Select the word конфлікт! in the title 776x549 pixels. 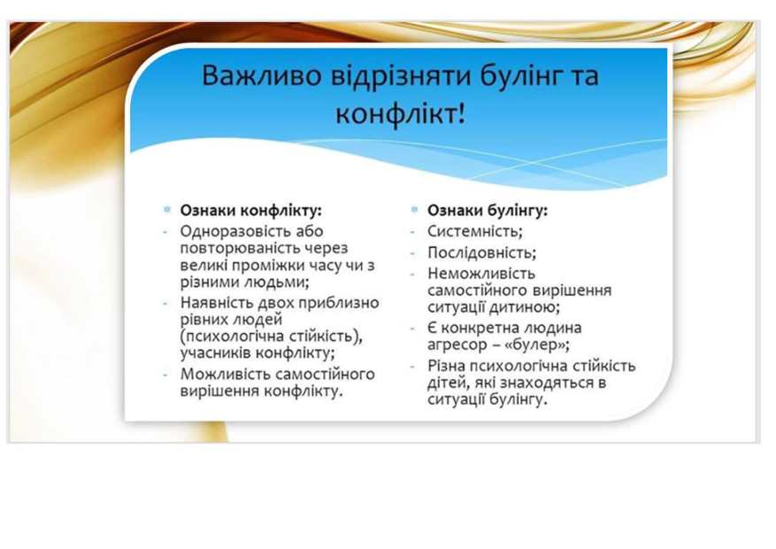pos(400,114)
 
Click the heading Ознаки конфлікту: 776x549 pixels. pos(251,211)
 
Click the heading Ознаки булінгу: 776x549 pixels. pos(488,211)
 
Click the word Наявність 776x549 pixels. pos(216,303)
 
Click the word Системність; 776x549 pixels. pos(475,231)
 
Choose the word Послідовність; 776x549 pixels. pos(482,253)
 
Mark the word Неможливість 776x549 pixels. pos(481,274)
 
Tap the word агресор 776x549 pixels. pos(457,345)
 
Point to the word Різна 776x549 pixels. pos(446,366)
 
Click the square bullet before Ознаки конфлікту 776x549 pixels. pos(166,209)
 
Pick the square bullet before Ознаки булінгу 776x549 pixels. pos(414,209)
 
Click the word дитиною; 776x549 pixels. pos(525,307)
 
